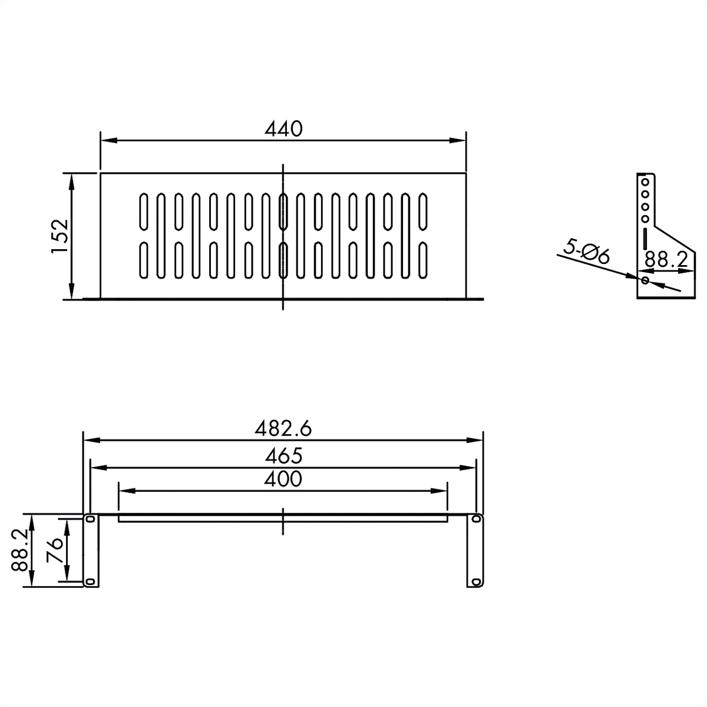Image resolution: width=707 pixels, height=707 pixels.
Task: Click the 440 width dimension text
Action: coord(283,128)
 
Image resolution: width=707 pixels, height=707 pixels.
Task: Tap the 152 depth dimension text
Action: coord(60,236)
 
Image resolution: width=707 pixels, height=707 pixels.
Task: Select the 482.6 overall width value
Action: coord(283,428)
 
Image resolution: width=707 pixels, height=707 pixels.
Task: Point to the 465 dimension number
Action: coord(283,455)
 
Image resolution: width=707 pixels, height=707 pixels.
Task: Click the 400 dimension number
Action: coord(283,479)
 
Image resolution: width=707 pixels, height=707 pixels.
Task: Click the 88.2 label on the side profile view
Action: coord(666,259)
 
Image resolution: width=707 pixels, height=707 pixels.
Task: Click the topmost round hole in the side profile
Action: coord(645,181)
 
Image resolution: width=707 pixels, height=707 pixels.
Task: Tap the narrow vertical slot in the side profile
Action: coord(645,239)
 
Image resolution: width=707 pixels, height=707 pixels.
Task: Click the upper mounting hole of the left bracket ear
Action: coord(90,520)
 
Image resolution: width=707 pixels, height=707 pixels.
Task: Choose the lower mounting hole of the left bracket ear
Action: coord(90,582)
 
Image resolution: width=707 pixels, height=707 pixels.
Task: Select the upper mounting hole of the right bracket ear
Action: coord(475,520)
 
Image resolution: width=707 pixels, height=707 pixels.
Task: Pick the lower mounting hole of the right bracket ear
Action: coord(475,582)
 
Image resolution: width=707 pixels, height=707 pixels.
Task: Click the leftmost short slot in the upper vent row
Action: coord(143,211)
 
